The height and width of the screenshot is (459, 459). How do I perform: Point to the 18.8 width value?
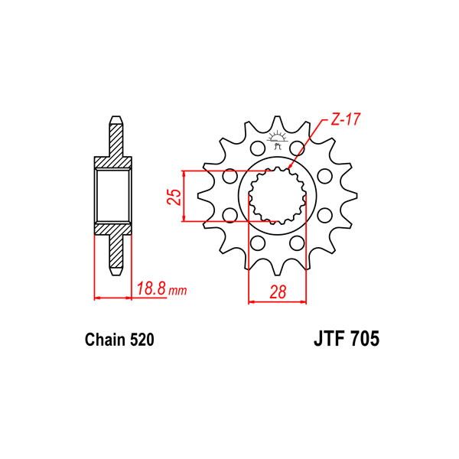point(151,290)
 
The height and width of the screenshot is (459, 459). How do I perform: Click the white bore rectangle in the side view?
point(113,197)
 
